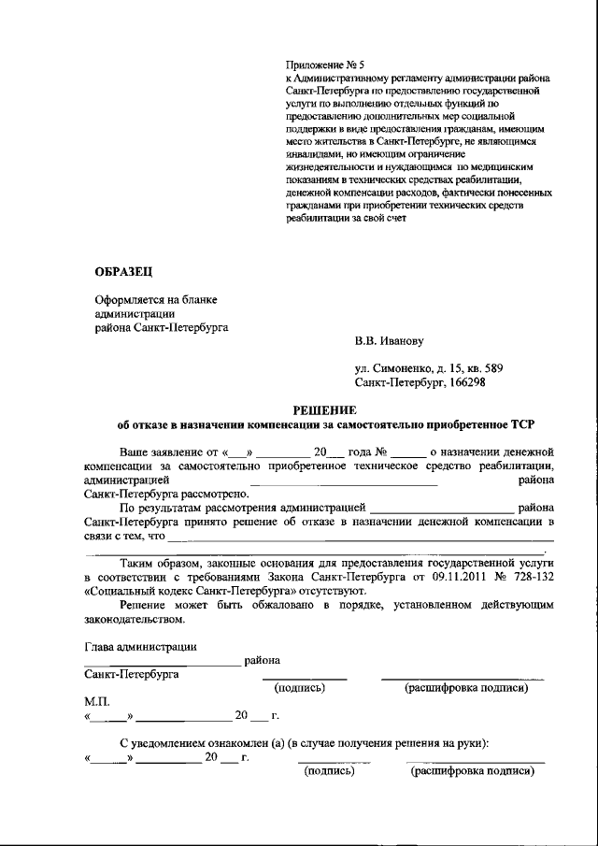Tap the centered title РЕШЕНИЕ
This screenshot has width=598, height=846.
point(325,409)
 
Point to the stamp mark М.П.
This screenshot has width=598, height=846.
point(97,701)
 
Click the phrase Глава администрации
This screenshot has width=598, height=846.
point(140,645)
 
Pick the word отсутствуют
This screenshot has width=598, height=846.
point(317,591)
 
